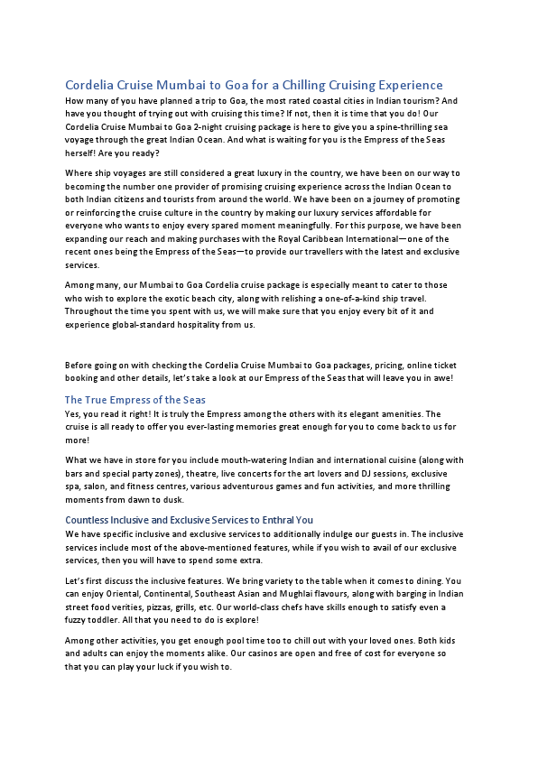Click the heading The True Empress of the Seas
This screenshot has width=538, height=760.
[x=135, y=399]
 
